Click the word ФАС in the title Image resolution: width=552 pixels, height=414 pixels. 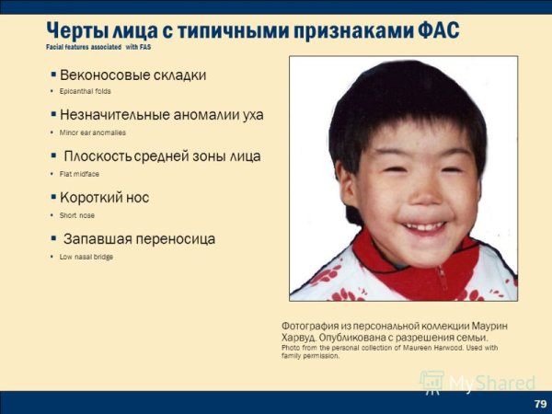(x=437, y=30)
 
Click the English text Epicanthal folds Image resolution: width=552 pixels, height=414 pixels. (x=86, y=91)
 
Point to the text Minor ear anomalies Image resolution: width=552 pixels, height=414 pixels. (x=93, y=132)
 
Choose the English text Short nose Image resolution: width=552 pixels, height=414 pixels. (x=77, y=215)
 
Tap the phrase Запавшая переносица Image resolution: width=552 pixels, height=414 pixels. (x=138, y=239)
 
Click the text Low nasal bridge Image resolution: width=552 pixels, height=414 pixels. (x=86, y=257)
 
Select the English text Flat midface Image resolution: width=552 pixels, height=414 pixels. (x=79, y=174)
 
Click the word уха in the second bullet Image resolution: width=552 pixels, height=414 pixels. (x=250, y=115)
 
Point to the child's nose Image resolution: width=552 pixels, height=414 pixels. (x=418, y=195)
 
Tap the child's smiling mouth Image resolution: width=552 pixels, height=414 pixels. (x=422, y=224)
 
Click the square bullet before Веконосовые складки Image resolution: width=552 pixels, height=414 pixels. (x=53, y=74)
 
